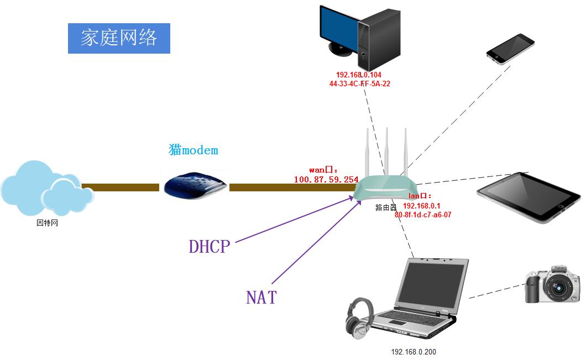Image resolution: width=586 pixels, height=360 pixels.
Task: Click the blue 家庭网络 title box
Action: pos(119,38)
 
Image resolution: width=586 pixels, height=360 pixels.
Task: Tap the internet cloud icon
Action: pos(46,189)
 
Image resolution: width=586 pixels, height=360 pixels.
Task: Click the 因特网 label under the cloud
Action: pos(47,223)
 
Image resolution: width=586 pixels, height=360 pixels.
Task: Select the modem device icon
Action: pos(194,185)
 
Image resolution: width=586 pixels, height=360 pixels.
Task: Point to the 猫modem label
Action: pos(193,150)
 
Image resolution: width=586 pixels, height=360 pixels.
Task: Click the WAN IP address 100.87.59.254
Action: pos(326,180)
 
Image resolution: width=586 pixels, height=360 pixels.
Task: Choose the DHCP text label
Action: pos(209,247)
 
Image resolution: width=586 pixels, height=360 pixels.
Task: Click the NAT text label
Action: pos(261,298)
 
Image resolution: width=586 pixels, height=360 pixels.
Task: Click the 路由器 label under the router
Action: pos(386,208)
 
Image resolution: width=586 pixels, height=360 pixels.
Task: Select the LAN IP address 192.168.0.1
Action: pos(421,205)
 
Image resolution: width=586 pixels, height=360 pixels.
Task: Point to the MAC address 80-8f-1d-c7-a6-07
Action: pos(423,215)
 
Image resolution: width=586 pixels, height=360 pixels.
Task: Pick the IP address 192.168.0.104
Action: pos(359,75)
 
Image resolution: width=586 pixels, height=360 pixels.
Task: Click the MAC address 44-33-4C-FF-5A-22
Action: pos(359,84)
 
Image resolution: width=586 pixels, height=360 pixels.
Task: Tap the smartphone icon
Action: pos(510,49)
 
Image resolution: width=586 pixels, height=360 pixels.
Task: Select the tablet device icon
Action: pos(528,197)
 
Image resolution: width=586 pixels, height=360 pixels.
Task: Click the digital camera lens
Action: pos(559,288)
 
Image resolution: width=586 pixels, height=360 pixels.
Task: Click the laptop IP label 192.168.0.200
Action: pos(413,352)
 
